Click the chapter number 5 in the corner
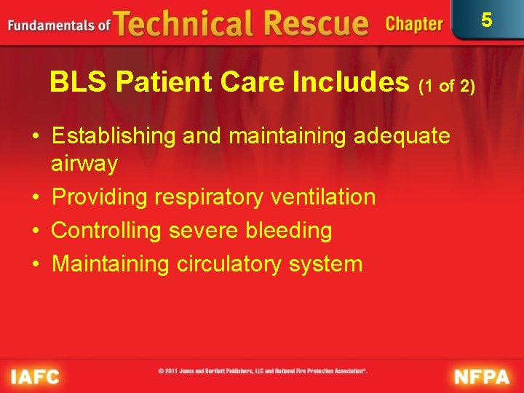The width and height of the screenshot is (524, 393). (x=487, y=20)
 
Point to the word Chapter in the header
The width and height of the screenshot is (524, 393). (x=413, y=24)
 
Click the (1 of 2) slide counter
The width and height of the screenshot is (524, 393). (x=447, y=87)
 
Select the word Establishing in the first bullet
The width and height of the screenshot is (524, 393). (x=114, y=136)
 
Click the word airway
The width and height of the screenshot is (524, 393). (x=84, y=164)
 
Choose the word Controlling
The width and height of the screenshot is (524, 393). (x=107, y=231)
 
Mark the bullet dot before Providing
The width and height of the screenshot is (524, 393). (x=36, y=197)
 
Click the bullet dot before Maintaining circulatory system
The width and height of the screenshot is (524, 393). (x=36, y=263)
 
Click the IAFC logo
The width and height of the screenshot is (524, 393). (x=35, y=377)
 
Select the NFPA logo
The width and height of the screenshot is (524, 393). (x=483, y=377)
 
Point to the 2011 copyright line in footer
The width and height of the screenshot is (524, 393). (x=263, y=371)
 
